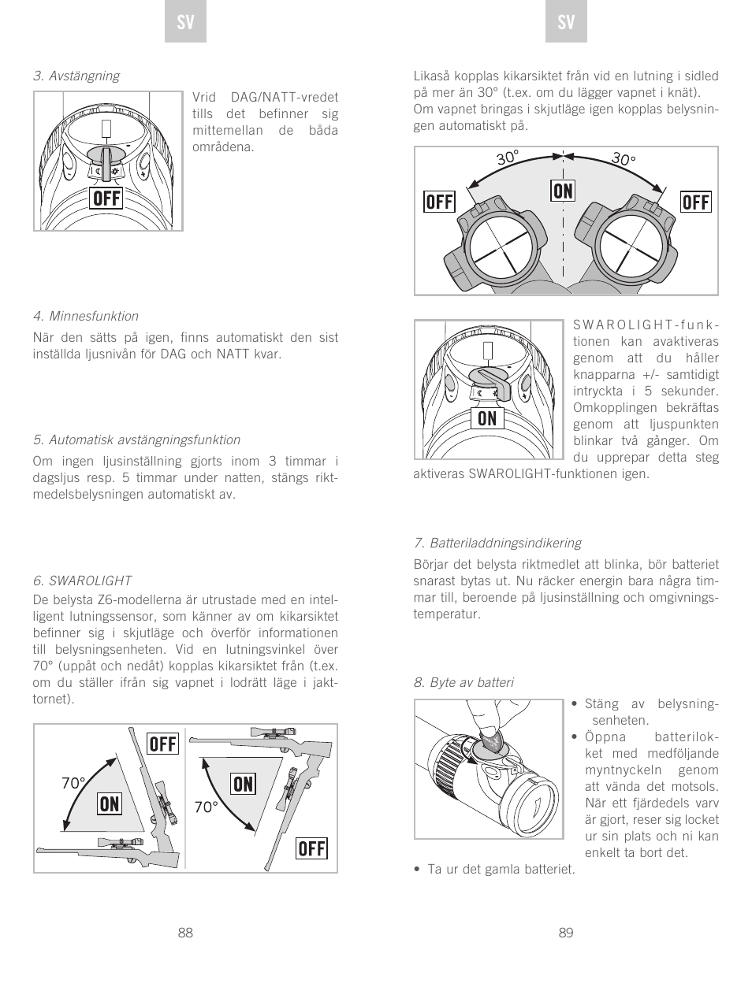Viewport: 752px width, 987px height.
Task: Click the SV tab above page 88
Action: [185, 24]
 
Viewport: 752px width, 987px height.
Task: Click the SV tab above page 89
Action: [566, 24]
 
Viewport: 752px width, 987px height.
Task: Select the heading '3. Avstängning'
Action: [76, 76]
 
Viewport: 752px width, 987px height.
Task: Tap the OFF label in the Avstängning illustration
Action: [107, 199]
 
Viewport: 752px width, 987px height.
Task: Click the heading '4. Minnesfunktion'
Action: [86, 316]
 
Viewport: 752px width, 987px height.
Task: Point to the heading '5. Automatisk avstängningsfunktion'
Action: [136, 440]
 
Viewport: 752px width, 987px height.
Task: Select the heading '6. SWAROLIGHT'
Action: [82, 581]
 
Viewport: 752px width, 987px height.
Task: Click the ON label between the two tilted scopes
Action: [563, 191]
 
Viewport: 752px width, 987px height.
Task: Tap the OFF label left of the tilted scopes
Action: [439, 202]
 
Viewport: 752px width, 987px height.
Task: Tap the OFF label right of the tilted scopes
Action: [695, 202]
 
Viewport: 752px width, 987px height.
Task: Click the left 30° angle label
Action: [507, 158]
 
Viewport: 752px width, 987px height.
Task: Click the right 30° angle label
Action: [623, 159]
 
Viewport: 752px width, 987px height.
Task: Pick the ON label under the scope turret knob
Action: [487, 418]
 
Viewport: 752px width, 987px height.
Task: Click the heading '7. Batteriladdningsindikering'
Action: [497, 543]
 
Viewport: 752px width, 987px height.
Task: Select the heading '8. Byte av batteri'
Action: [463, 682]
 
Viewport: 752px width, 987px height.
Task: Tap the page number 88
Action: [185, 933]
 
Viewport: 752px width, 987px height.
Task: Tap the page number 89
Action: [566, 933]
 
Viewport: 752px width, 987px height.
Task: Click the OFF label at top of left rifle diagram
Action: [163, 744]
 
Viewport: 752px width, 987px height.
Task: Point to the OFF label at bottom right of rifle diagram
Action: [311, 848]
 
